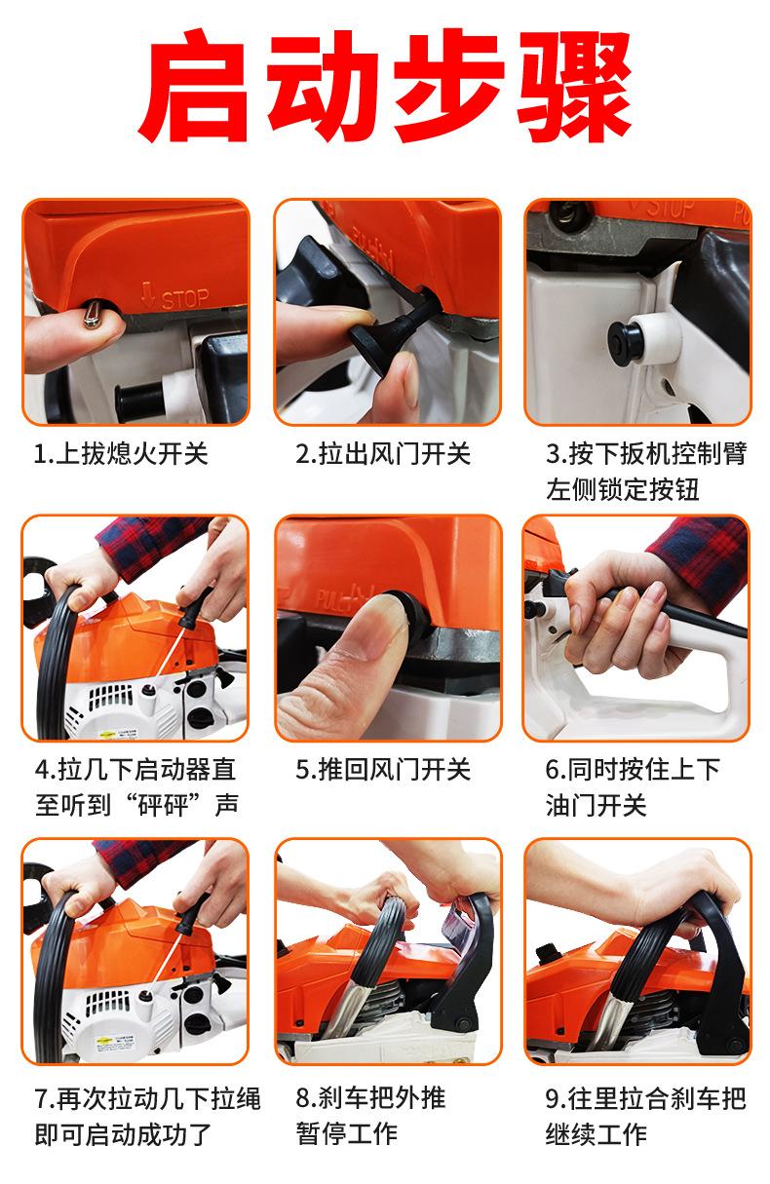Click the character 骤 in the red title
point(575,86)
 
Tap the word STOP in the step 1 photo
point(185,299)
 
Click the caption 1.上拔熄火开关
point(121,454)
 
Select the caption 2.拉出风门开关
point(383,454)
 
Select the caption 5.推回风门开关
point(383,770)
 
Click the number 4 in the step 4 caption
point(42,770)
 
